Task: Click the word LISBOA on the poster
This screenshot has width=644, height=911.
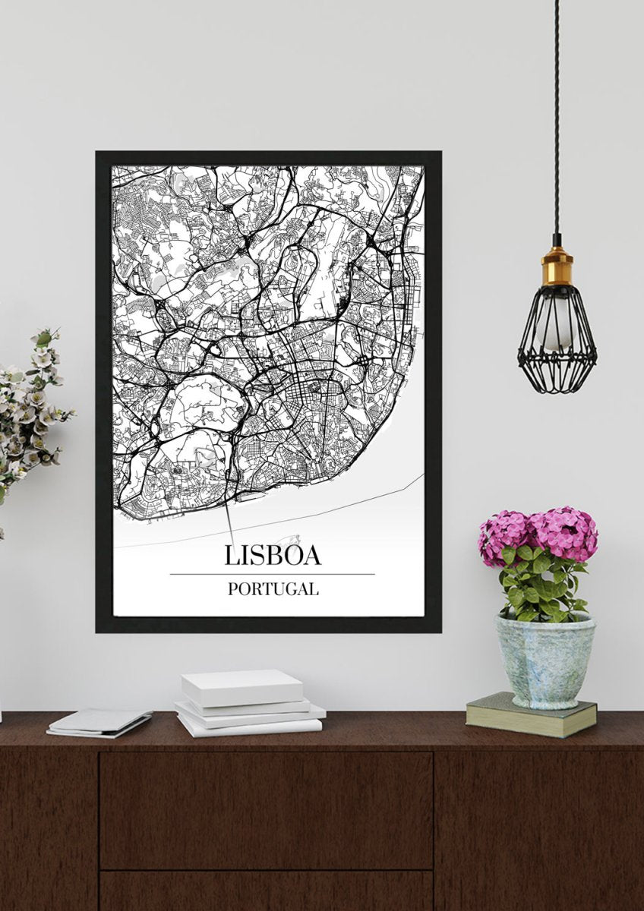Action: [x=273, y=555]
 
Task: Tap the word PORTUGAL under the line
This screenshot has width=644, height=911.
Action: [x=273, y=588]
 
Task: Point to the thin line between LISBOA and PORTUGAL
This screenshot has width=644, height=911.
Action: [x=273, y=574]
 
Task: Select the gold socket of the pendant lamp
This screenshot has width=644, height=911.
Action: [x=557, y=268]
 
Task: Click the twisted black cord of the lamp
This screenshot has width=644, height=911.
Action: [x=556, y=114]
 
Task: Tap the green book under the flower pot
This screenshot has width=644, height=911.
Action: [x=531, y=714]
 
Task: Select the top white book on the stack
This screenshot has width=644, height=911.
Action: [x=241, y=686]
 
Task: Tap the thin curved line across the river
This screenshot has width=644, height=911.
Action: [x=342, y=509]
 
